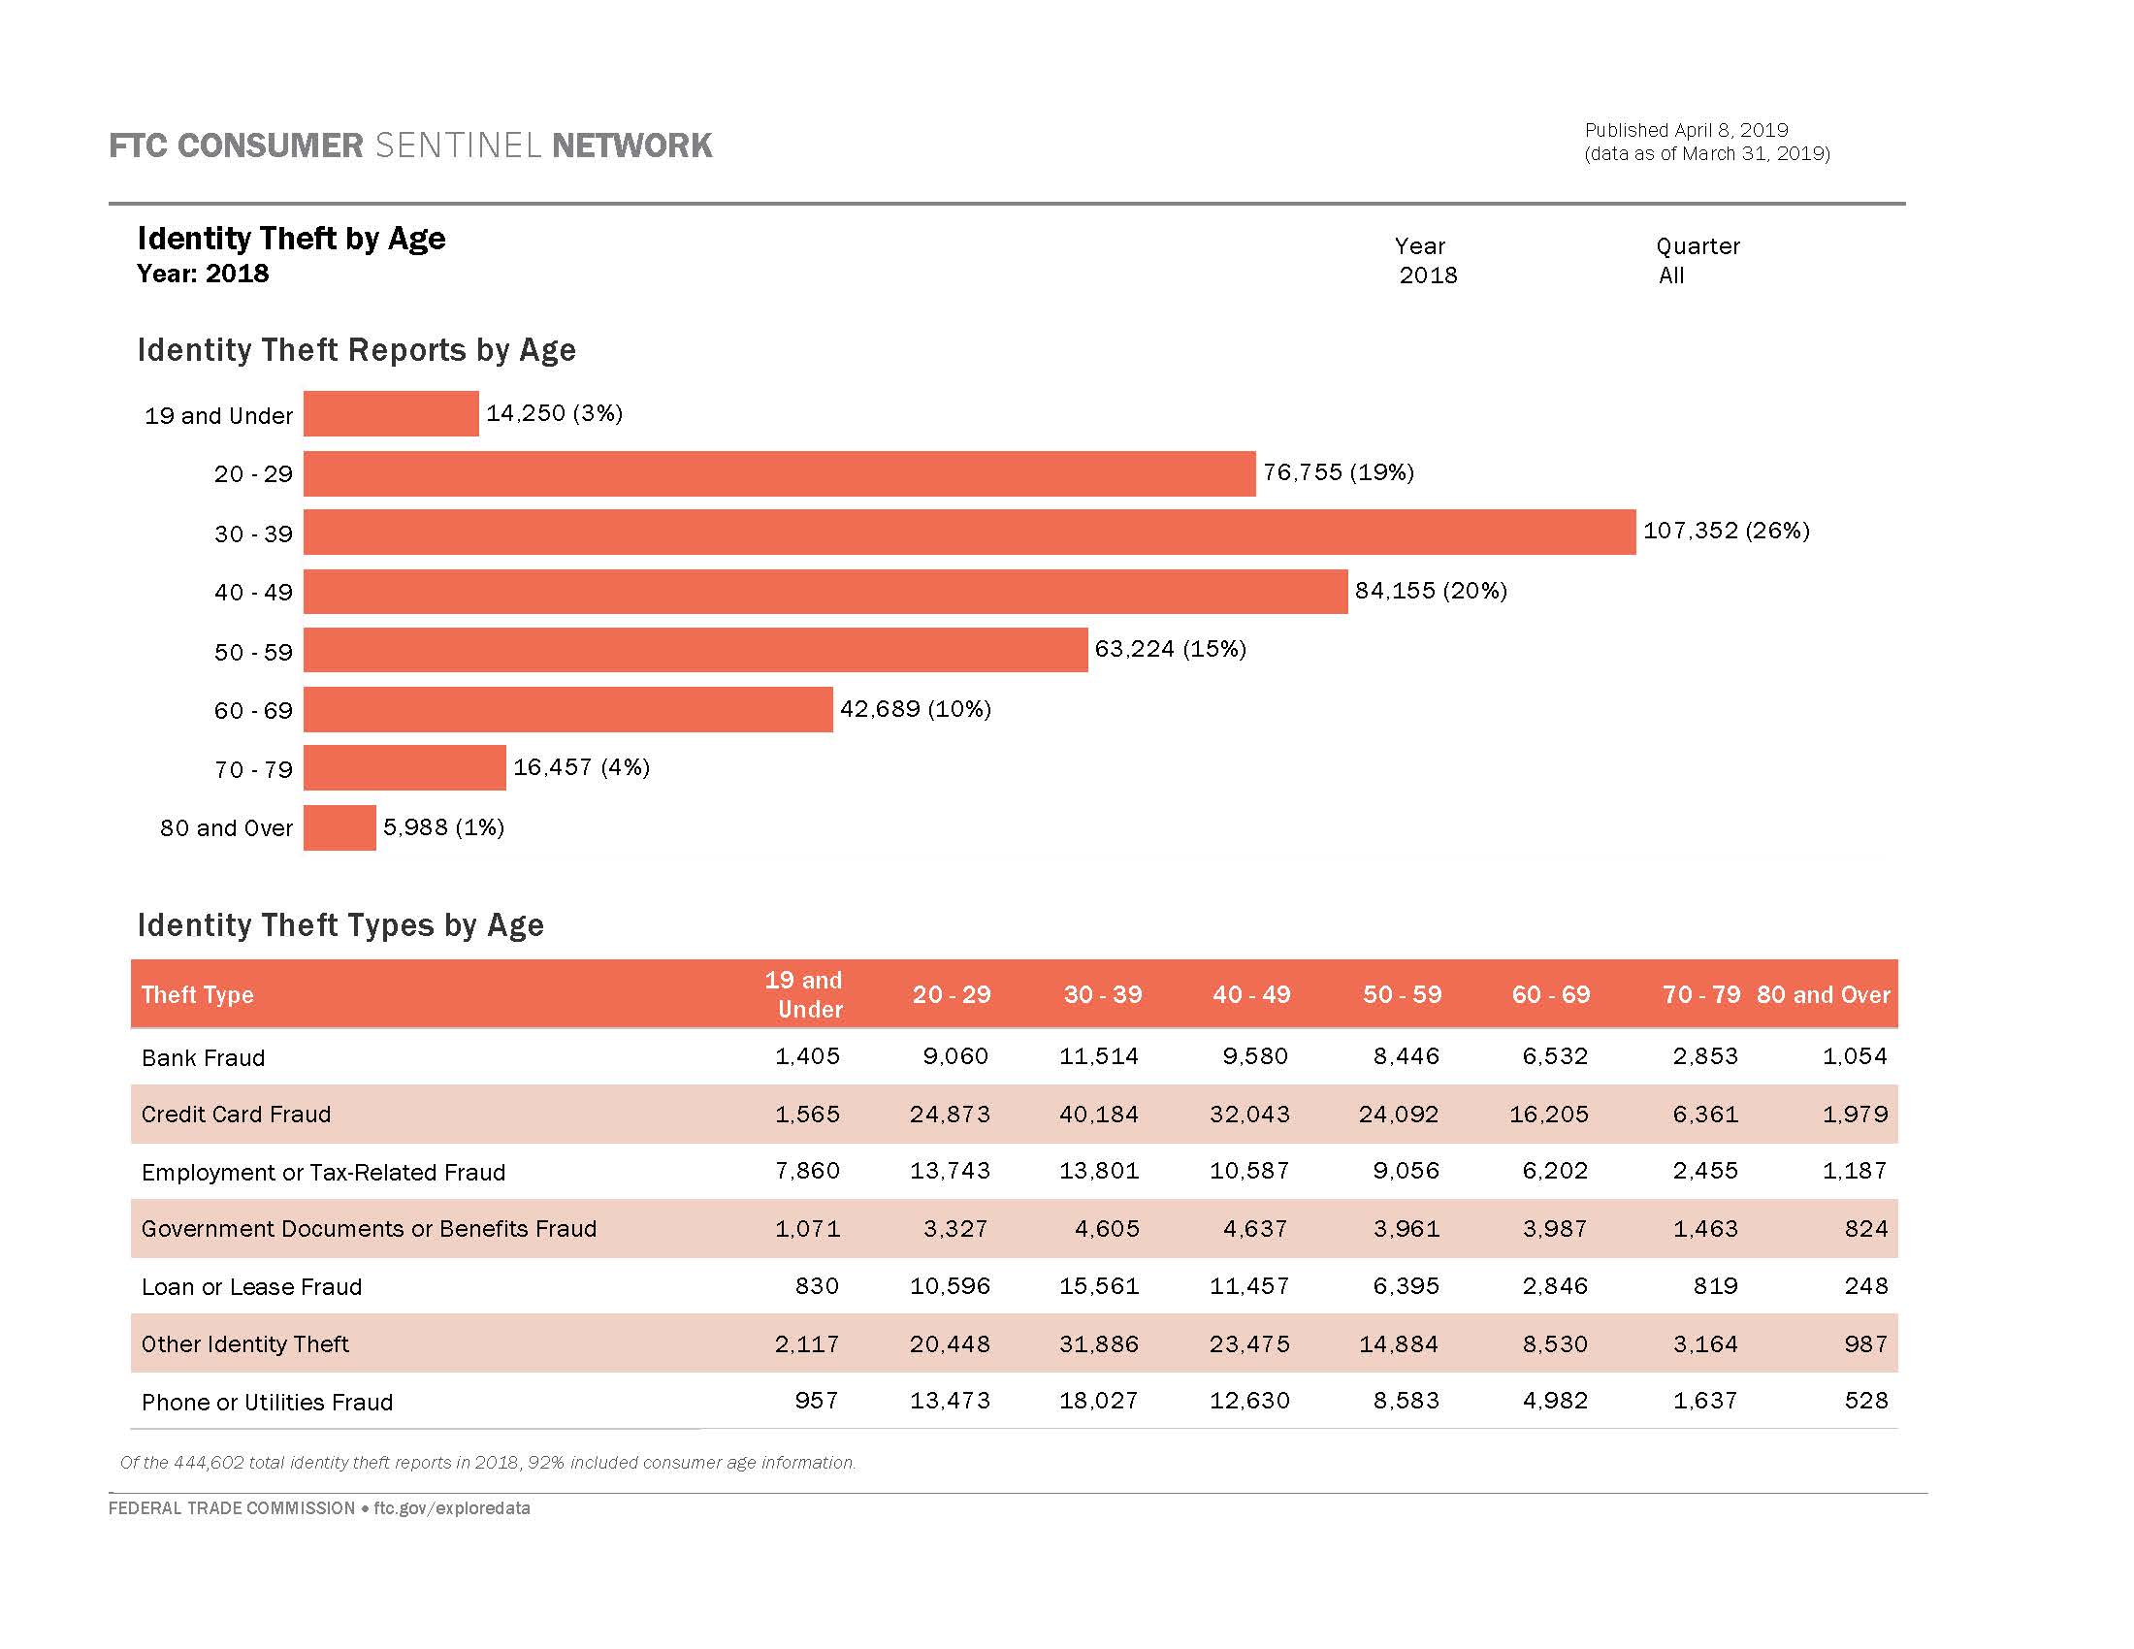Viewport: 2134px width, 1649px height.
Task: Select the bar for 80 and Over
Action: point(339,827)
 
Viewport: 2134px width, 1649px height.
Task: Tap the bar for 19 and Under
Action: point(391,413)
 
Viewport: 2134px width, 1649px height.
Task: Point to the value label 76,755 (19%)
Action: point(1338,472)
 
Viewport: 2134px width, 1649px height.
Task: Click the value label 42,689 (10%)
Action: point(915,709)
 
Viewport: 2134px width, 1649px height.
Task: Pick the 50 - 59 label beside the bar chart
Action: point(253,652)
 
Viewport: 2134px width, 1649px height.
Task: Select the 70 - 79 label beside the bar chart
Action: point(253,770)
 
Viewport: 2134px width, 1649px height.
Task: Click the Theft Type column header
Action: point(197,994)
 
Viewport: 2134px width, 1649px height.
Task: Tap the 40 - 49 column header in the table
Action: point(1250,994)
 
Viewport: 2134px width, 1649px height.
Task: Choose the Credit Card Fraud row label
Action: point(236,1115)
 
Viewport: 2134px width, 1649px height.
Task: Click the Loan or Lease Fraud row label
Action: point(251,1286)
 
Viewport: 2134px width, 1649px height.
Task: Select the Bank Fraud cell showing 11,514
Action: point(1098,1056)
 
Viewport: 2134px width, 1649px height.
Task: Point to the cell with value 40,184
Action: point(1098,1115)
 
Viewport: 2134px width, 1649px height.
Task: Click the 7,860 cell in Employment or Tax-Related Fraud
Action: point(807,1171)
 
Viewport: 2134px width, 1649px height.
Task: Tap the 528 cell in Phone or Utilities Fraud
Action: point(1865,1401)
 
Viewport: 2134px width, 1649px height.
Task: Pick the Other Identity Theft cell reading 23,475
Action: point(1248,1344)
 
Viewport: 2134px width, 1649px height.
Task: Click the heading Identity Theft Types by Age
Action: point(340,925)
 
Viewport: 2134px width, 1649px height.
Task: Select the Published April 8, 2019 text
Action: point(1686,130)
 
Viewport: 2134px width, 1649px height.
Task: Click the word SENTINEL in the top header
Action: point(457,145)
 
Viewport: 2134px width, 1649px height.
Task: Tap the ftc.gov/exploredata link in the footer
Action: point(451,1508)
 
